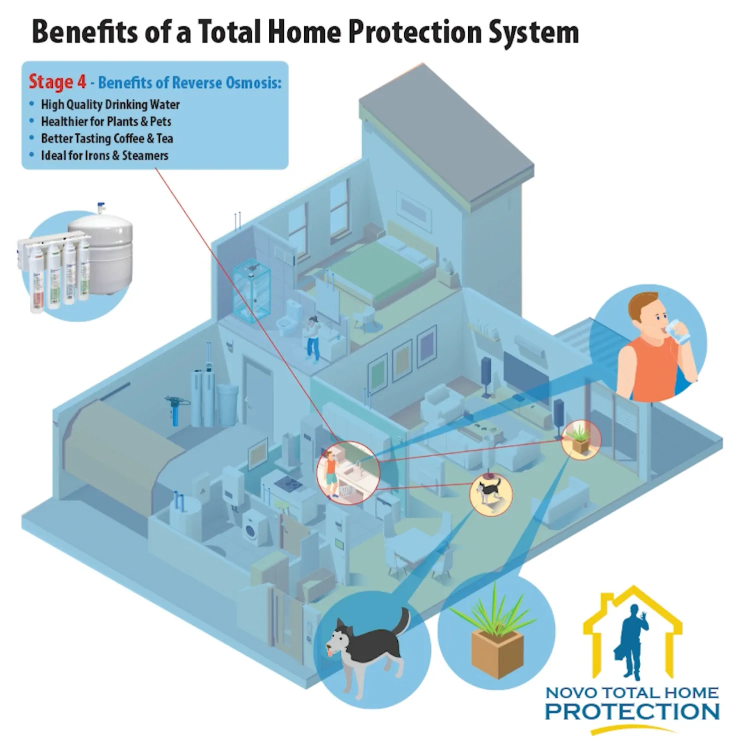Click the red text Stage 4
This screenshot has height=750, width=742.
pos(57,82)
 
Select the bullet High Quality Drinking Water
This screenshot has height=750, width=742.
pos(110,104)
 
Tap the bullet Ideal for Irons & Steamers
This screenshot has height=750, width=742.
pos(104,155)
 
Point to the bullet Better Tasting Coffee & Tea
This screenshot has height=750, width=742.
pos(107,138)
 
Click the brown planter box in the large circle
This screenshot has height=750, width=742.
pos(497,652)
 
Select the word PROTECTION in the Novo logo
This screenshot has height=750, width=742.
pos(632,711)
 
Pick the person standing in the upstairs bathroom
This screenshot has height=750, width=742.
pos(313,338)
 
